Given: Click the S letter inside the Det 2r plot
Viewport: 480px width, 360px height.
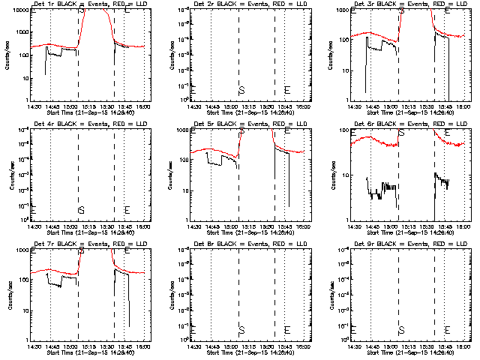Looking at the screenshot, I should (241, 90).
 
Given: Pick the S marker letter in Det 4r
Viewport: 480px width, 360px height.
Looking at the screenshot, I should (81, 210).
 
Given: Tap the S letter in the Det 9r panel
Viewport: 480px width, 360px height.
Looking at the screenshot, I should (401, 330).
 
